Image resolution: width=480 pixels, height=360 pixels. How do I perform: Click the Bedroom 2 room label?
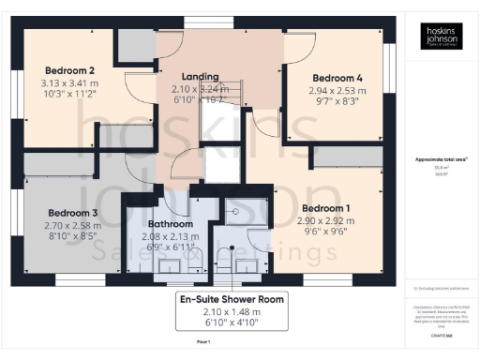click(72, 70)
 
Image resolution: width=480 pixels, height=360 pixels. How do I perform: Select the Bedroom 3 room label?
click(72, 212)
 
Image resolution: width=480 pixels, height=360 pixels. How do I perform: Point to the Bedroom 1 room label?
click(324, 207)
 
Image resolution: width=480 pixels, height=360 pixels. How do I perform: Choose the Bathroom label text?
click(171, 225)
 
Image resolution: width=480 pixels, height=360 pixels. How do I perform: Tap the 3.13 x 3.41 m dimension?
click(72, 82)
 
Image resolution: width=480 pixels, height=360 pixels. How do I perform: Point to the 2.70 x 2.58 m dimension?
click(72, 226)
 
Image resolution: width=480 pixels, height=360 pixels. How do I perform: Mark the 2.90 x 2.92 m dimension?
click(324, 219)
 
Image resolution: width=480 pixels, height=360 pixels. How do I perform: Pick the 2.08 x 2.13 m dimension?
click(171, 237)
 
